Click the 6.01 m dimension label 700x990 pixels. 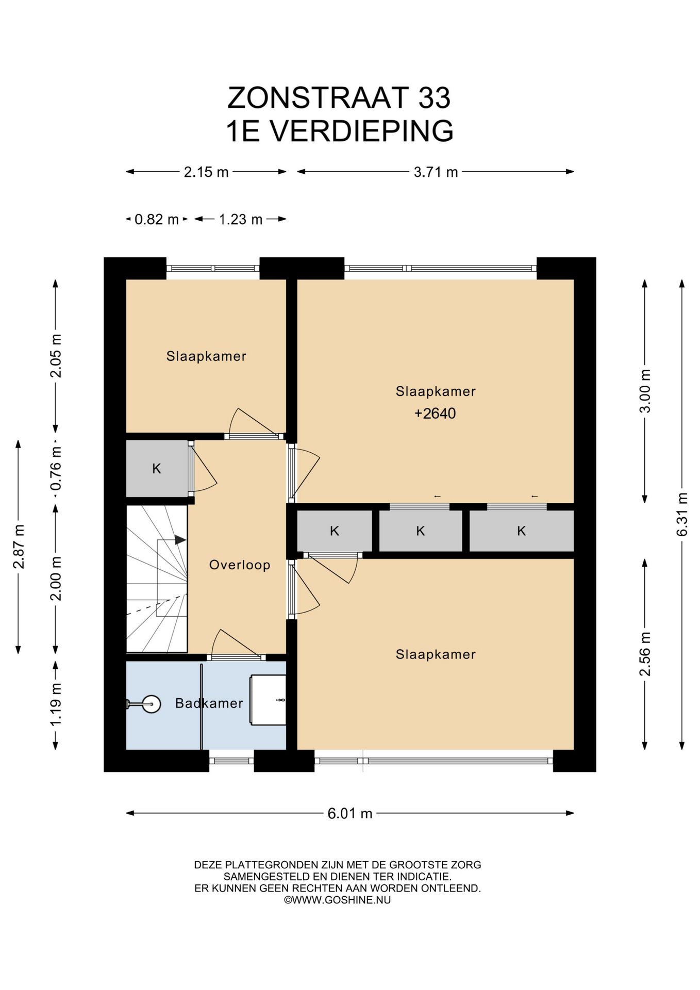point(349,813)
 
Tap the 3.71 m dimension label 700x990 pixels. point(436,172)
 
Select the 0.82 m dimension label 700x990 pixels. point(156,219)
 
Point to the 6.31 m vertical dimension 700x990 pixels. point(682,515)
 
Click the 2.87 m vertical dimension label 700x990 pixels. point(19,547)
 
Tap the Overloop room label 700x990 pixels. point(240,565)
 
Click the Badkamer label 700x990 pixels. point(209,703)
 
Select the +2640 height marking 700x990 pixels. point(435,414)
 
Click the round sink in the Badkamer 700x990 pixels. point(151,704)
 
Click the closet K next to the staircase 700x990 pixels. point(157,469)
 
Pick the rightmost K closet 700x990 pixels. point(521,531)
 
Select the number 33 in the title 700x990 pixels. point(434,97)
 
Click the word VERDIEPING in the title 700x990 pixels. point(362,131)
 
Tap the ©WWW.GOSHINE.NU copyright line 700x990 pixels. point(338,900)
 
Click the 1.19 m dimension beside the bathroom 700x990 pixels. point(56,704)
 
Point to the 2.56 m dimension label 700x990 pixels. point(645,654)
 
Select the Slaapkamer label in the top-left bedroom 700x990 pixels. point(206,356)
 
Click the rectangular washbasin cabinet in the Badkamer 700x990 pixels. point(268,700)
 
